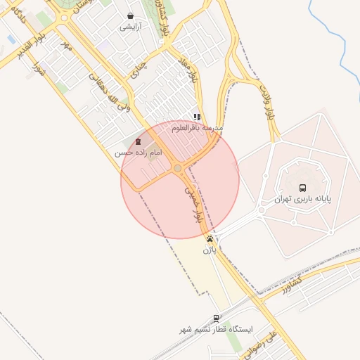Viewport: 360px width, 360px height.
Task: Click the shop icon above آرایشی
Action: [130, 15]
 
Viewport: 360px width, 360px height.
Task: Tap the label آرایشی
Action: [130, 27]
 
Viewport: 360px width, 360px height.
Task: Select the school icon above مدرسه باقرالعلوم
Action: [198, 117]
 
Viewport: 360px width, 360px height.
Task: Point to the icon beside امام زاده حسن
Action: [138, 142]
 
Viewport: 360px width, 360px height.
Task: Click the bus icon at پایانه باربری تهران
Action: [302, 188]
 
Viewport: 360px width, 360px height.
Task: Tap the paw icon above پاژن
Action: [210, 239]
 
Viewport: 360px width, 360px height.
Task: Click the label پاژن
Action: [210, 250]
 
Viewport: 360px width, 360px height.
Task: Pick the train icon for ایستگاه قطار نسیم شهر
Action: [216, 318]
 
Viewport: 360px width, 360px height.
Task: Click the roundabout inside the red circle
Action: [177, 168]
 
